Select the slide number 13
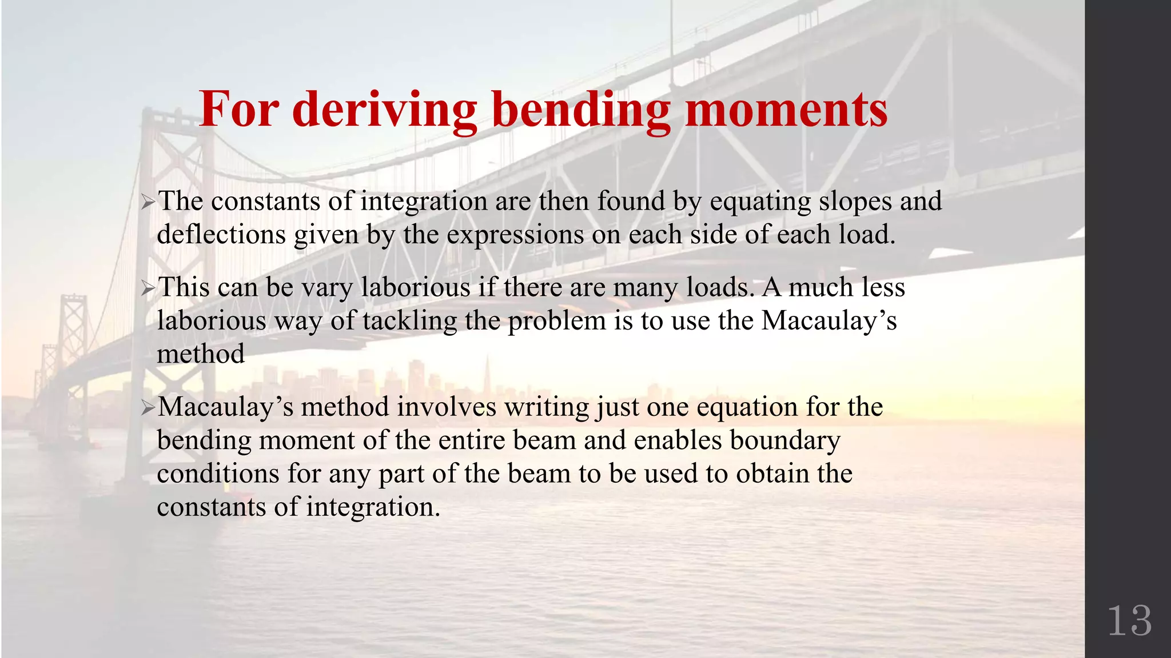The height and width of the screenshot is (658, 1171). pos(1129,621)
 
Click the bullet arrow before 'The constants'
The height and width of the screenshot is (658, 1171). pos(148,202)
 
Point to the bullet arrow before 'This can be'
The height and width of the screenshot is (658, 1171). pos(148,288)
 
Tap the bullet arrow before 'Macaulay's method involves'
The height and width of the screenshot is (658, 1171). pos(148,407)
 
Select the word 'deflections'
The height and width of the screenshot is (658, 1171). pos(221,235)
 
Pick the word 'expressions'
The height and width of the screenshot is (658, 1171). pos(515,235)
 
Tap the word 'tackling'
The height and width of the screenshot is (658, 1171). pos(409,321)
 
